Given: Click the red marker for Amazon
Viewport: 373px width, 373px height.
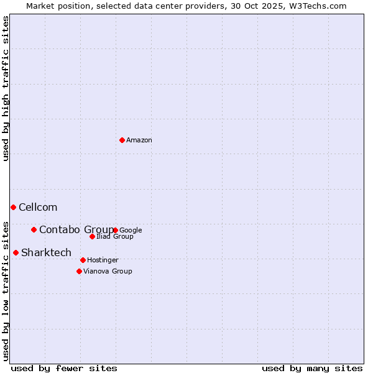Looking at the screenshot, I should click(x=122, y=140).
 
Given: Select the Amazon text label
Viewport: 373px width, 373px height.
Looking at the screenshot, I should click(x=139, y=140).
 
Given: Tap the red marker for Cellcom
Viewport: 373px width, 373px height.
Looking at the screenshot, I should click(x=13, y=207).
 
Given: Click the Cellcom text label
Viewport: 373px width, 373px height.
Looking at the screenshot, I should click(x=38, y=208).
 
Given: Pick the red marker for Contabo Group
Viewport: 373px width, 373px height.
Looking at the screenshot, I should click(x=34, y=229).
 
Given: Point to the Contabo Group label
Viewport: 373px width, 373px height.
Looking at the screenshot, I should click(x=76, y=230).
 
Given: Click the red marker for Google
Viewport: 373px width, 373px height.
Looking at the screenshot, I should click(x=116, y=230).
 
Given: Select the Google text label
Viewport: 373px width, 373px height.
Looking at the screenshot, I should click(x=131, y=231).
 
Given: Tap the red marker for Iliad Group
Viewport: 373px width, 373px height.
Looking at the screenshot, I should click(x=92, y=236).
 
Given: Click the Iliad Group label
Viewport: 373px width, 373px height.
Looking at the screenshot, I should click(x=115, y=237).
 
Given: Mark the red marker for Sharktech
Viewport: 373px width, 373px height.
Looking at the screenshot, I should click(x=16, y=252).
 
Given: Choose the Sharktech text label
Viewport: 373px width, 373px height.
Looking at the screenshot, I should click(x=46, y=253).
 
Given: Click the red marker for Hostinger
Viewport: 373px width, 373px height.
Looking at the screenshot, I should click(x=83, y=260).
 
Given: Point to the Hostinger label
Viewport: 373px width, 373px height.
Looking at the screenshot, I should click(x=103, y=260).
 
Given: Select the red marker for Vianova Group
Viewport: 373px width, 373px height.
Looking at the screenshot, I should click(x=79, y=271).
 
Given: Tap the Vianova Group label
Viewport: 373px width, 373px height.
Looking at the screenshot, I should click(x=108, y=272).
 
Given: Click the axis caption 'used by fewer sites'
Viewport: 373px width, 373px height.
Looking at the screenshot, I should click(x=64, y=368).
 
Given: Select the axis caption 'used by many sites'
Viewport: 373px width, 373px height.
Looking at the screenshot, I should click(x=312, y=368).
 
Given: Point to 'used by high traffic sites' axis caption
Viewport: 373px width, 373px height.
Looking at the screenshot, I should click(x=6, y=88).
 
